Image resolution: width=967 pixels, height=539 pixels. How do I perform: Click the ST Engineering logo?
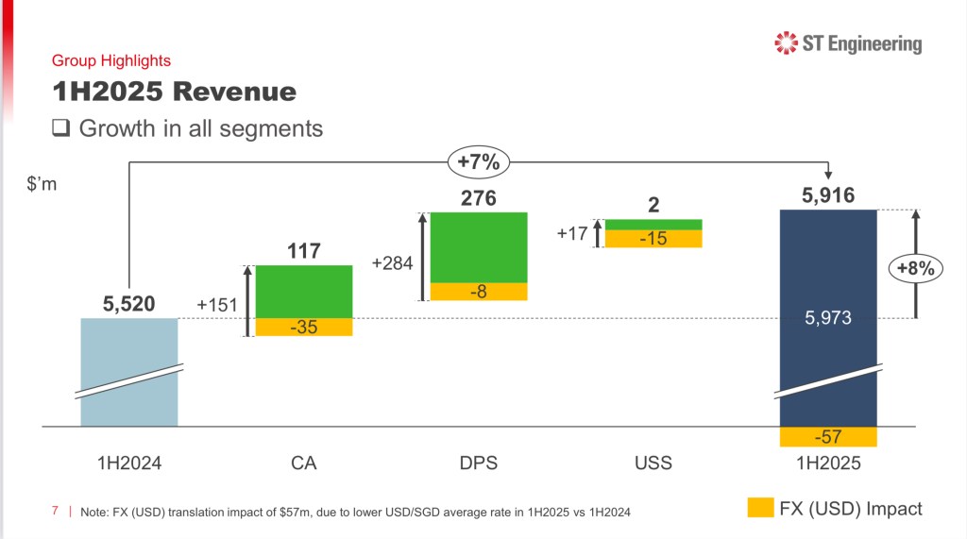click(847, 42)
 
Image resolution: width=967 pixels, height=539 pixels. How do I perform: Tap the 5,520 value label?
click(128, 304)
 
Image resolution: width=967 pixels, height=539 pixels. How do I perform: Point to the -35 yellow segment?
click(304, 328)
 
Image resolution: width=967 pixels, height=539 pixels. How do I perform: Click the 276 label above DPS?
click(478, 199)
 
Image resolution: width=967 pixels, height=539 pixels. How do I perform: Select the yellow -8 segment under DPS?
click(479, 292)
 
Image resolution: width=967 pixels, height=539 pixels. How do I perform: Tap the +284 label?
click(392, 262)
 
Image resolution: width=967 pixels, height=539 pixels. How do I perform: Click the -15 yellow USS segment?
click(653, 239)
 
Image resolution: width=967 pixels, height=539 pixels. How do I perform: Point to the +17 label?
click(572, 232)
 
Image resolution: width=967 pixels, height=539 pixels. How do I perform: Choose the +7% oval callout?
click(478, 162)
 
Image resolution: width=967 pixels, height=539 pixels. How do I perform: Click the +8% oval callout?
click(915, 268)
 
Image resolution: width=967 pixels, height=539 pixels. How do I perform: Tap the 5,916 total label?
click(828, 196)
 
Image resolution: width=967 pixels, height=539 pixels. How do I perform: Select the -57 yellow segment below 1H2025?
click(828, 437)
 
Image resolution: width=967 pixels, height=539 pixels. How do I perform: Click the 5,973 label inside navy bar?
click(828, 319)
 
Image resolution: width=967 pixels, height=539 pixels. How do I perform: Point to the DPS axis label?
click(479, 463)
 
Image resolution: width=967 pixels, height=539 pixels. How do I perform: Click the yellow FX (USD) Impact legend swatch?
click(760, 508)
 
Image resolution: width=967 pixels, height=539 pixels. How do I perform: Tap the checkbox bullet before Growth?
click(61, 128)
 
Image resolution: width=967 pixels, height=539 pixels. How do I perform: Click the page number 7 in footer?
click(55, 511)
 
